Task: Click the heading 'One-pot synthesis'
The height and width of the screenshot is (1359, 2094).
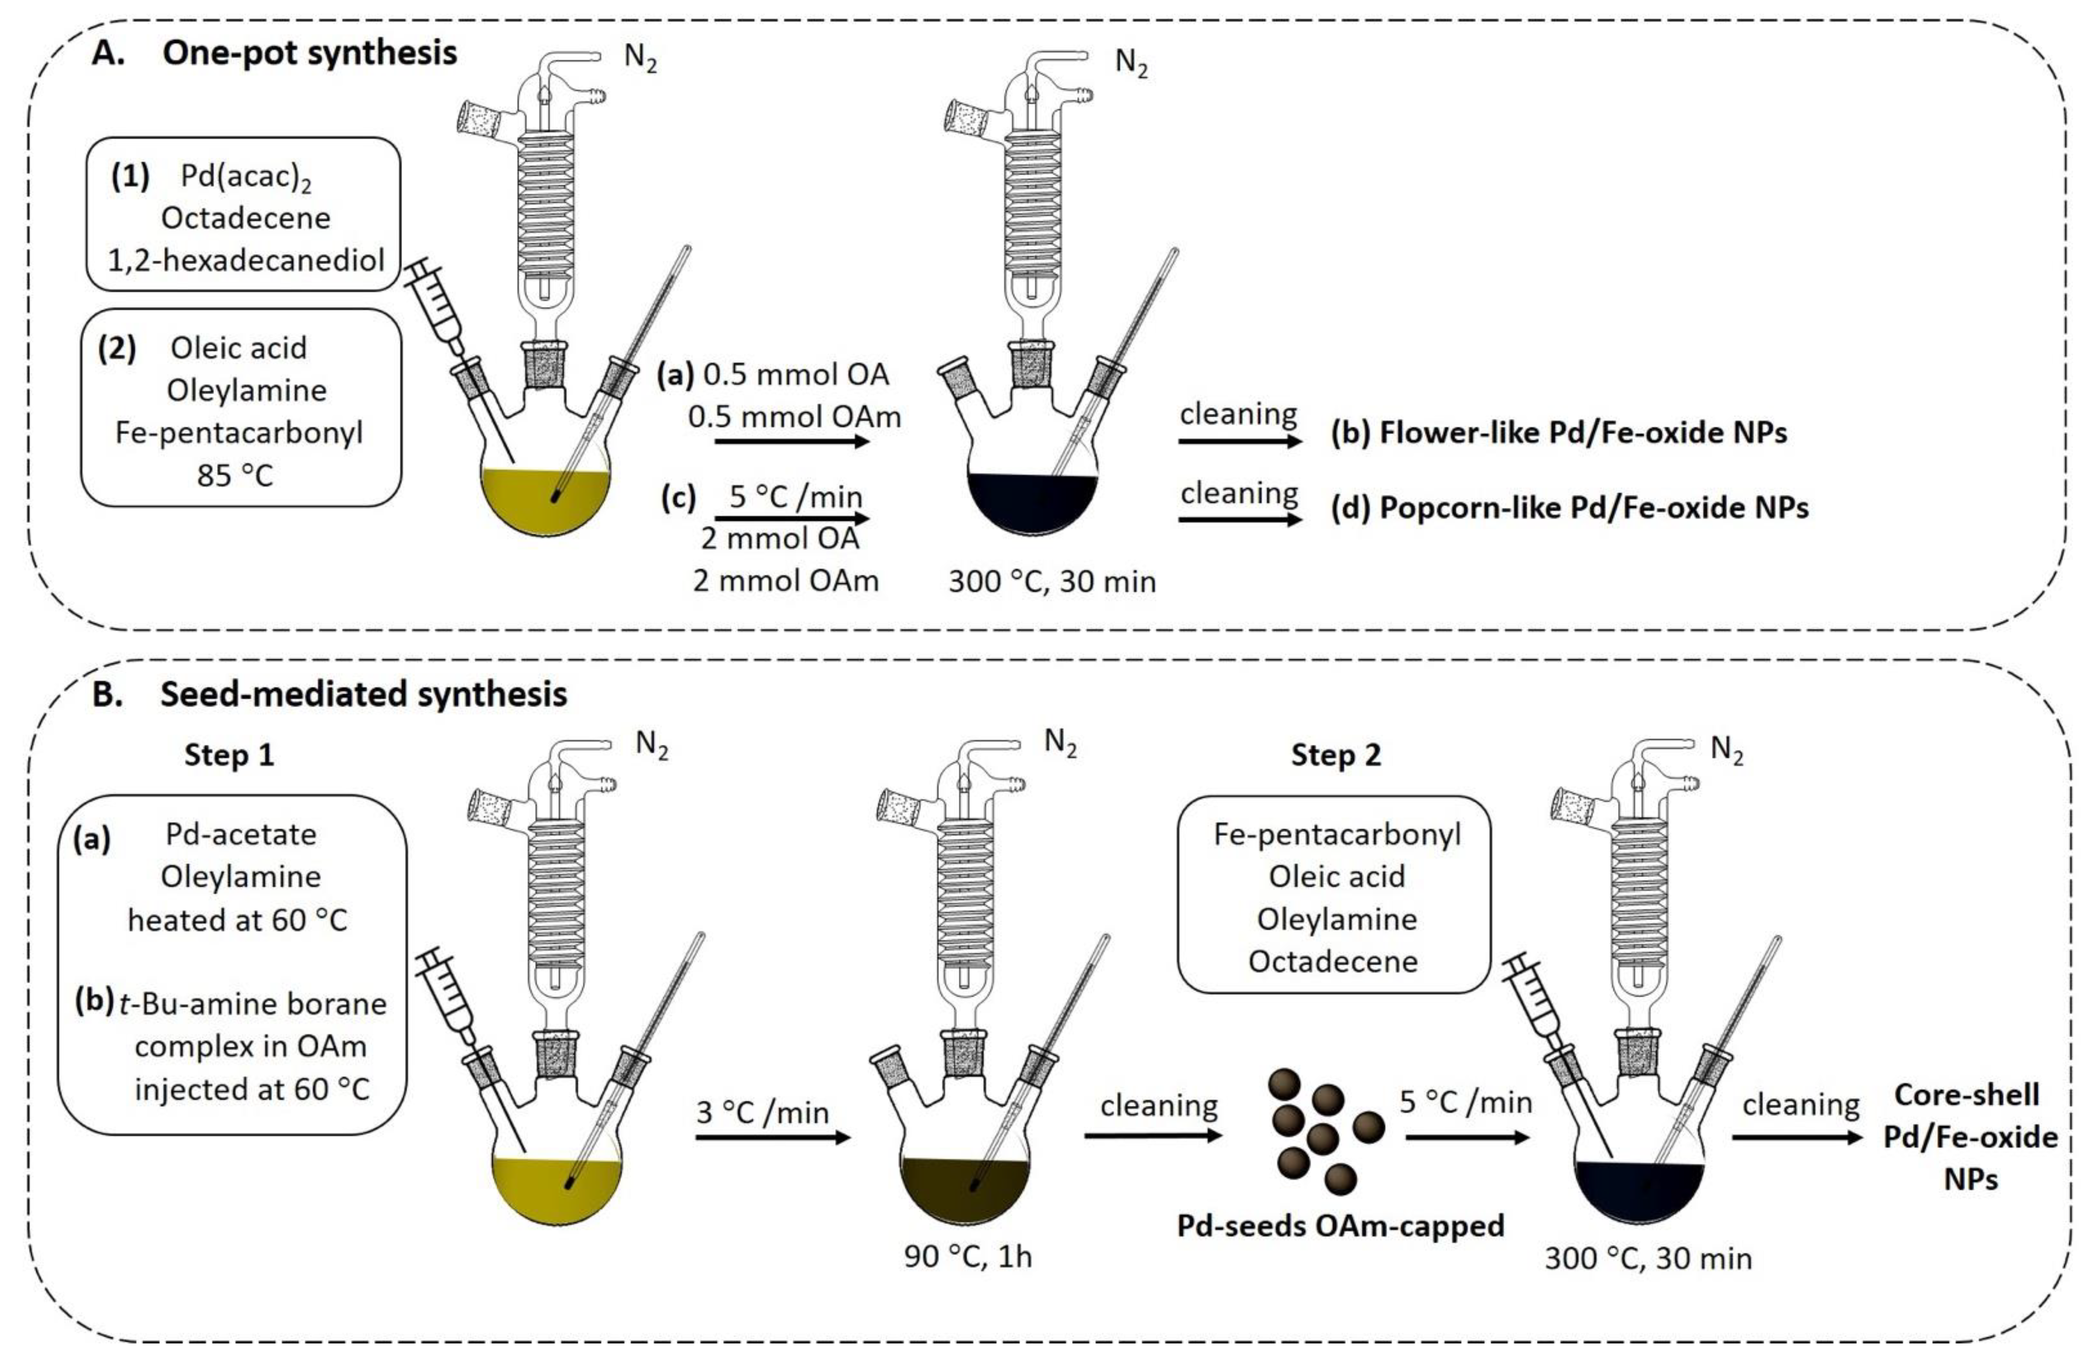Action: click(x=310, y=54)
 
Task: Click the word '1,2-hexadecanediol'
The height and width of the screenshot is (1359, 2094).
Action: click(x=245, y=261)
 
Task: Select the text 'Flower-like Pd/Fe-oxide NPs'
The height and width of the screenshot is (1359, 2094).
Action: click(x=1583, y=432)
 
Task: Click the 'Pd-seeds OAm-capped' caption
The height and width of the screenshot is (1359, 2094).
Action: click(x=1341, y=1225)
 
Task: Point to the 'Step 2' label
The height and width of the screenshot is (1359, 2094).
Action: click(x=1336, y=755)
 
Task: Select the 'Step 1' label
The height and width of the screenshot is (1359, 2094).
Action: click(x=229, y=755)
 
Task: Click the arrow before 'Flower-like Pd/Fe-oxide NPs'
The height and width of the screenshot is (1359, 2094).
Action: click(x=1239, y=441)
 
